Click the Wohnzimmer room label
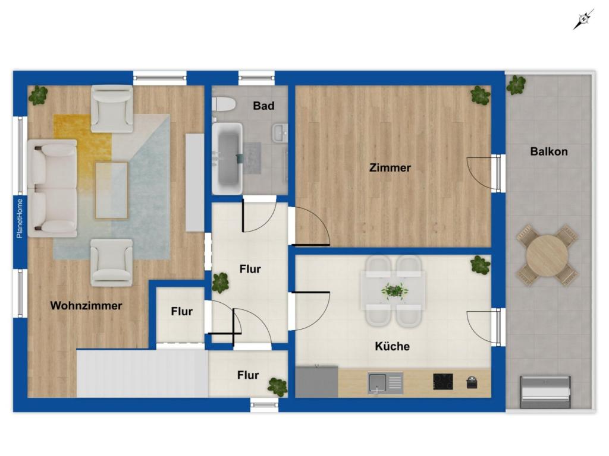86,306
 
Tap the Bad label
263,106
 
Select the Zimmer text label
390,168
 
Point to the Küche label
393,346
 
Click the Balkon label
549,151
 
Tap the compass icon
583,20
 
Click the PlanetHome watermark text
20,218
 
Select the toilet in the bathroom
224,104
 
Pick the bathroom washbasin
280,133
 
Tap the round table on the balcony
547,256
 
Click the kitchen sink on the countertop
385,383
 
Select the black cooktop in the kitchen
443,382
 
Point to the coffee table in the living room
111,191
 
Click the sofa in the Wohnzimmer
52,188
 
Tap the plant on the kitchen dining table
394,290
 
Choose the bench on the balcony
545,392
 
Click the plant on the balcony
516,85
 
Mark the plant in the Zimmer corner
481,94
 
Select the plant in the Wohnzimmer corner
38,95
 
